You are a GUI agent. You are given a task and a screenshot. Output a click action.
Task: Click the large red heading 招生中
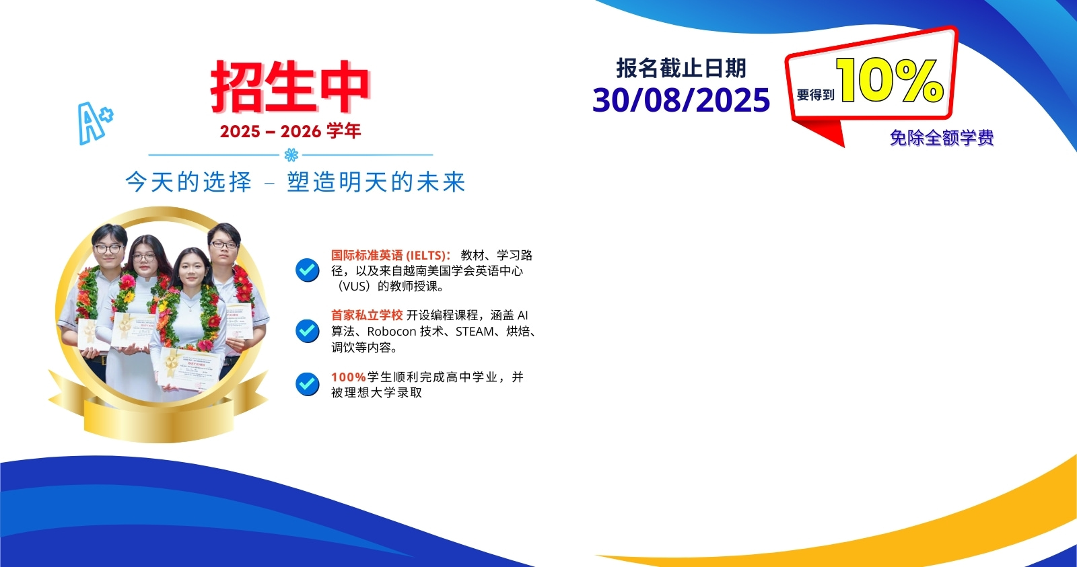(x=290, y=87)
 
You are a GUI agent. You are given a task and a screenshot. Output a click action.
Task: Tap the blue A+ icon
(x=95, y=122)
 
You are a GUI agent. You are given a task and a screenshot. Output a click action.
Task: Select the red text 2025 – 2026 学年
(x=290, y=131)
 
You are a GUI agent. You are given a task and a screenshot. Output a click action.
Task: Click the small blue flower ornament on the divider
(x=291, y=155)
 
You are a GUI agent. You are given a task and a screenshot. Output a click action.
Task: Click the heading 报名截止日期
(x=681, y=68)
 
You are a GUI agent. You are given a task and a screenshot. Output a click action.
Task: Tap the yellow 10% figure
(x=889, y=81)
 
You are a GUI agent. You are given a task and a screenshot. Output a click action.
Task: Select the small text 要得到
(x=815, y=96)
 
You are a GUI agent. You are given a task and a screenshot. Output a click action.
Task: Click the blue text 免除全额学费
(x=942, y=138)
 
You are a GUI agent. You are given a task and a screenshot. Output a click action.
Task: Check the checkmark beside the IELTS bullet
(x=308, y=270)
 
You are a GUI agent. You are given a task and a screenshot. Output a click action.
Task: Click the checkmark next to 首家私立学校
(x=308, y=331)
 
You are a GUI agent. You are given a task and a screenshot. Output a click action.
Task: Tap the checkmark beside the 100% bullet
(x=308, y=384)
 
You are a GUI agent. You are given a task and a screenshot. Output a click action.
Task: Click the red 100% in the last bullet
(x=348, y=377)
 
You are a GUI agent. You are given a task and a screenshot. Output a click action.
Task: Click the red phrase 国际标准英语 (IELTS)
(x=390, y=256)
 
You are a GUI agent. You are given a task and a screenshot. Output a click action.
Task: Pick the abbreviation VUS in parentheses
(x=354, y=287)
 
